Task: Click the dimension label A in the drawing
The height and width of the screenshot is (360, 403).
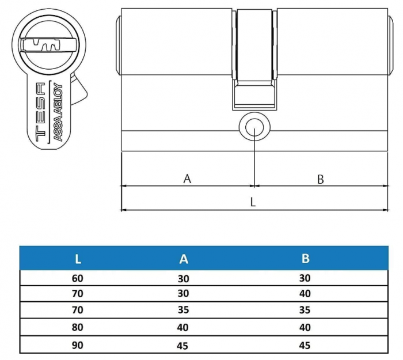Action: [x=187, y=179]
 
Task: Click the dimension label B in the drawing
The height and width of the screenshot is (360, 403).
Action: [x=321, y=179]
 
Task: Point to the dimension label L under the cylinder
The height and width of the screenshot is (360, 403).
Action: [x=253, y=202]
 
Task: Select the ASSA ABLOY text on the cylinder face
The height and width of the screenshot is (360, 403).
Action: [x=58, y=112]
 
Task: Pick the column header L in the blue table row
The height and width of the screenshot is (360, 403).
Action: [x=78, y=259]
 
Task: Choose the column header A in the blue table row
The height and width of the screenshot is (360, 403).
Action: [x=184, y=259]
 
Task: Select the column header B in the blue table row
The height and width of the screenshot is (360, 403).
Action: [x=305, y=259]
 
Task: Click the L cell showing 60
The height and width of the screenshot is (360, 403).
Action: [x=78, y=278]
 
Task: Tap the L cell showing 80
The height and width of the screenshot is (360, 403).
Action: [x=78, y=328]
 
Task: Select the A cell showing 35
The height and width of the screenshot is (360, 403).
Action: [x=184, y=310]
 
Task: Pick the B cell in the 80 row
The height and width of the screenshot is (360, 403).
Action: [x=305, y=328]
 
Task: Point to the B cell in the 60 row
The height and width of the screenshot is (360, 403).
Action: [x=305, y=278]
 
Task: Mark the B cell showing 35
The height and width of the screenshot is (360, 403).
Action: [x=305, y=310]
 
